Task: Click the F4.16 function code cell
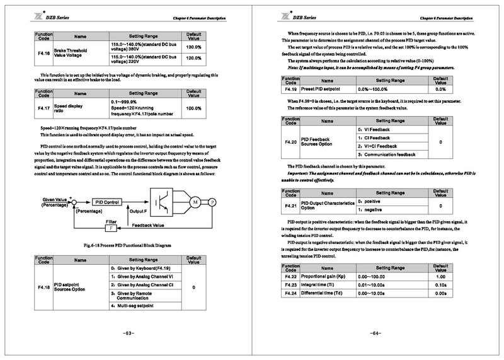(43, 52)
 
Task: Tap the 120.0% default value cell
(194, 58)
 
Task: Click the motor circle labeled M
(195, 201)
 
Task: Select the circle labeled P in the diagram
(212, 201)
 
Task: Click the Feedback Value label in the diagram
(148, 224)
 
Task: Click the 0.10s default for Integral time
(441, 285)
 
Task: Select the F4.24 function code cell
(290, 293)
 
